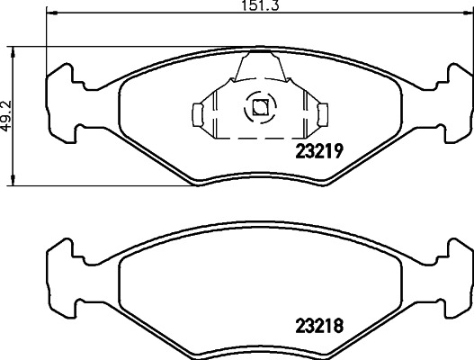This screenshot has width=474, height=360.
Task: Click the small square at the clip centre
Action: click(x=259, y=108)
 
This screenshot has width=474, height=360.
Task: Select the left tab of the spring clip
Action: click(x=199, y=112)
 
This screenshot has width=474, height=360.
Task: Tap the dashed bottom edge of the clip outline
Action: click(x=259, y=139)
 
